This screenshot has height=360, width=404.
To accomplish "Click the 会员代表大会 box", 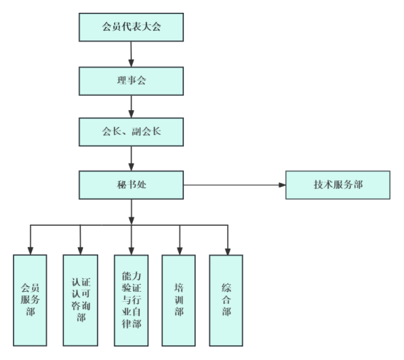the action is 131,27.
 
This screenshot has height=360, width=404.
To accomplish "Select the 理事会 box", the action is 131,81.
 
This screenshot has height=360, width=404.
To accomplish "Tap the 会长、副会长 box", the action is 131,132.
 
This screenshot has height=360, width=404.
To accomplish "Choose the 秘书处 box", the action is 131,185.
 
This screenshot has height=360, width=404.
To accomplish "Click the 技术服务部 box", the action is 338,185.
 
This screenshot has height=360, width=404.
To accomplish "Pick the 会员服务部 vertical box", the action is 30,300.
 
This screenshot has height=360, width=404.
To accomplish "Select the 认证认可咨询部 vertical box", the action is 80,300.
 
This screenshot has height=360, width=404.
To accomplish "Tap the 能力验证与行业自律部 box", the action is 131,300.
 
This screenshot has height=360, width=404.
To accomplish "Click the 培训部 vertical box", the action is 178,300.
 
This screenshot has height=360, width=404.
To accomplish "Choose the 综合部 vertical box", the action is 226,300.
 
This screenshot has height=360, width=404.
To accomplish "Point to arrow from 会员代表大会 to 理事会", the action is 131,54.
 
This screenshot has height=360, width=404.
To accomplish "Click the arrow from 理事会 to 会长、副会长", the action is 131,107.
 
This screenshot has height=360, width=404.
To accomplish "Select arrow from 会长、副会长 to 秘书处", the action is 131,158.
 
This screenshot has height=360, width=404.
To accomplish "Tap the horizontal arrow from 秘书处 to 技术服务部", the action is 234,185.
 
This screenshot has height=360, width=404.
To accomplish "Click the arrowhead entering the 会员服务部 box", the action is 31,251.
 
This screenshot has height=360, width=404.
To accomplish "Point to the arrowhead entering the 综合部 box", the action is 228,251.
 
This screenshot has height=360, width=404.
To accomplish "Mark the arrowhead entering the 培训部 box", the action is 180,251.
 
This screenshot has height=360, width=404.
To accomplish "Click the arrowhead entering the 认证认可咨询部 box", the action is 80,251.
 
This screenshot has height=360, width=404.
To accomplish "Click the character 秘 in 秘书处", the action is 121,185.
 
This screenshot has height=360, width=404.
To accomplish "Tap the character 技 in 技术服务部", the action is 319,185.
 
